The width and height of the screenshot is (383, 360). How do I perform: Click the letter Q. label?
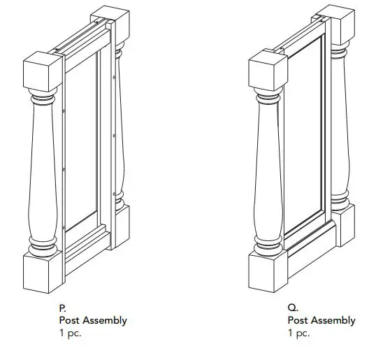(292, 307)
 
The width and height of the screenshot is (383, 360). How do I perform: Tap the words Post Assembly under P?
(93, 320)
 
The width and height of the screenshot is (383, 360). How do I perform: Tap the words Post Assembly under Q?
(321, 320)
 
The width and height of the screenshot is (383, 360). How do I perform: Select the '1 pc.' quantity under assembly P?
(71, 333)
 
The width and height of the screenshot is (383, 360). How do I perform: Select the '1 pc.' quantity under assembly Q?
(299, 333)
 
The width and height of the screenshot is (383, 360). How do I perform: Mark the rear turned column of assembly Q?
(340, 126)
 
